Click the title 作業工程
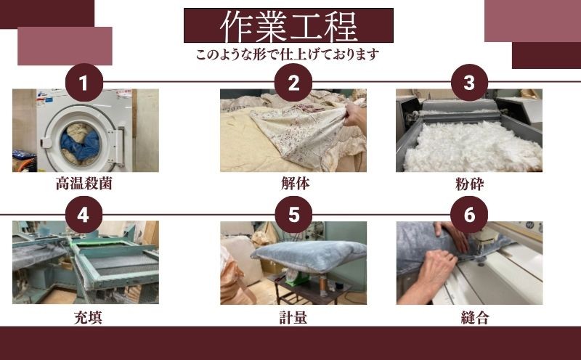(288, 26)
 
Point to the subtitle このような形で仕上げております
(288, 54)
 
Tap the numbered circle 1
(84, 83)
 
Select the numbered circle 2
(293, 83)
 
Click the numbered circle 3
(469, 83)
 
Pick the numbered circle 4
(84, 214)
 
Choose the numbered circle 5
(293, 214)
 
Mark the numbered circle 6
(469, 214)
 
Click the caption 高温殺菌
(84, 184)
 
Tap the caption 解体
(296, 184)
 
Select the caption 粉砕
(469, 184)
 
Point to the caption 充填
(88, 318)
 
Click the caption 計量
(293, 318)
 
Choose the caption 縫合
(475, 318)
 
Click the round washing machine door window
(80, 144)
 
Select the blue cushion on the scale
(309, 255)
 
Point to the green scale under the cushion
(298, 278)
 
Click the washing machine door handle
(119, 146)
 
